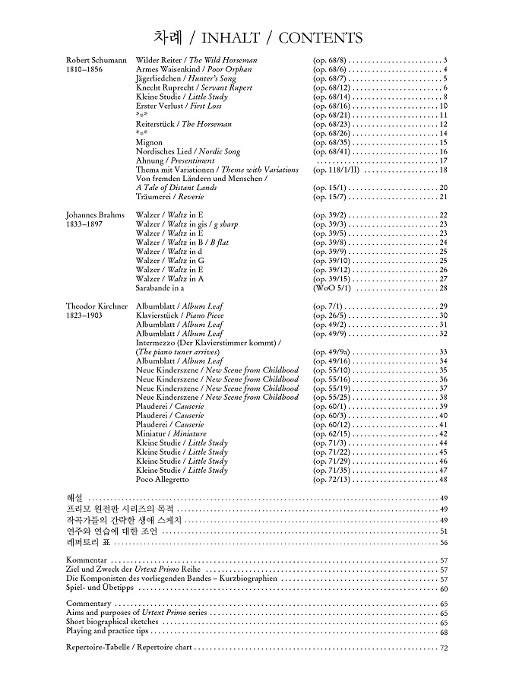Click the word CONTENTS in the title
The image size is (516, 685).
point(321,38)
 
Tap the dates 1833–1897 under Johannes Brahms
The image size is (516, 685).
point(84,224)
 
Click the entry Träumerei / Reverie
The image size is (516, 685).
point(169,197)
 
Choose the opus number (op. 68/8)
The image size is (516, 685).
point(329,60)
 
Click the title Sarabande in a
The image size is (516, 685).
point(160,288)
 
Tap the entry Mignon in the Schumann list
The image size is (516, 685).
point(149,142)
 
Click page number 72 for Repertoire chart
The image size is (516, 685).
point(443,648)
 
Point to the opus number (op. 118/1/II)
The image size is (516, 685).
point(337,170)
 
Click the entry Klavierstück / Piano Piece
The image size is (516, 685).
point(179,316)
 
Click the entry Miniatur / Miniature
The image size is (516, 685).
point(171,434)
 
